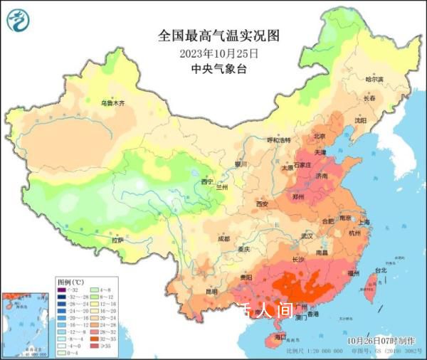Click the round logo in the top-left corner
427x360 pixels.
[x=19, y=21]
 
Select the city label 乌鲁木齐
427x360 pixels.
[x=112, y=104]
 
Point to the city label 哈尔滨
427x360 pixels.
[x=374, y=79]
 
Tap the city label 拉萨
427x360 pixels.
[x=117, y=240]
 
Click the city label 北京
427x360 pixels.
[x=319, y=136]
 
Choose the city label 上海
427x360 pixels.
[x=364, y=222]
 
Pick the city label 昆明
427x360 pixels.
[x=212, y=291]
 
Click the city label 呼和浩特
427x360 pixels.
[x=279, y=141]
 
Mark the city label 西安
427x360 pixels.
[x=262, y=205]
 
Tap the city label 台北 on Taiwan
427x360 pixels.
[x=381, y=270]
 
